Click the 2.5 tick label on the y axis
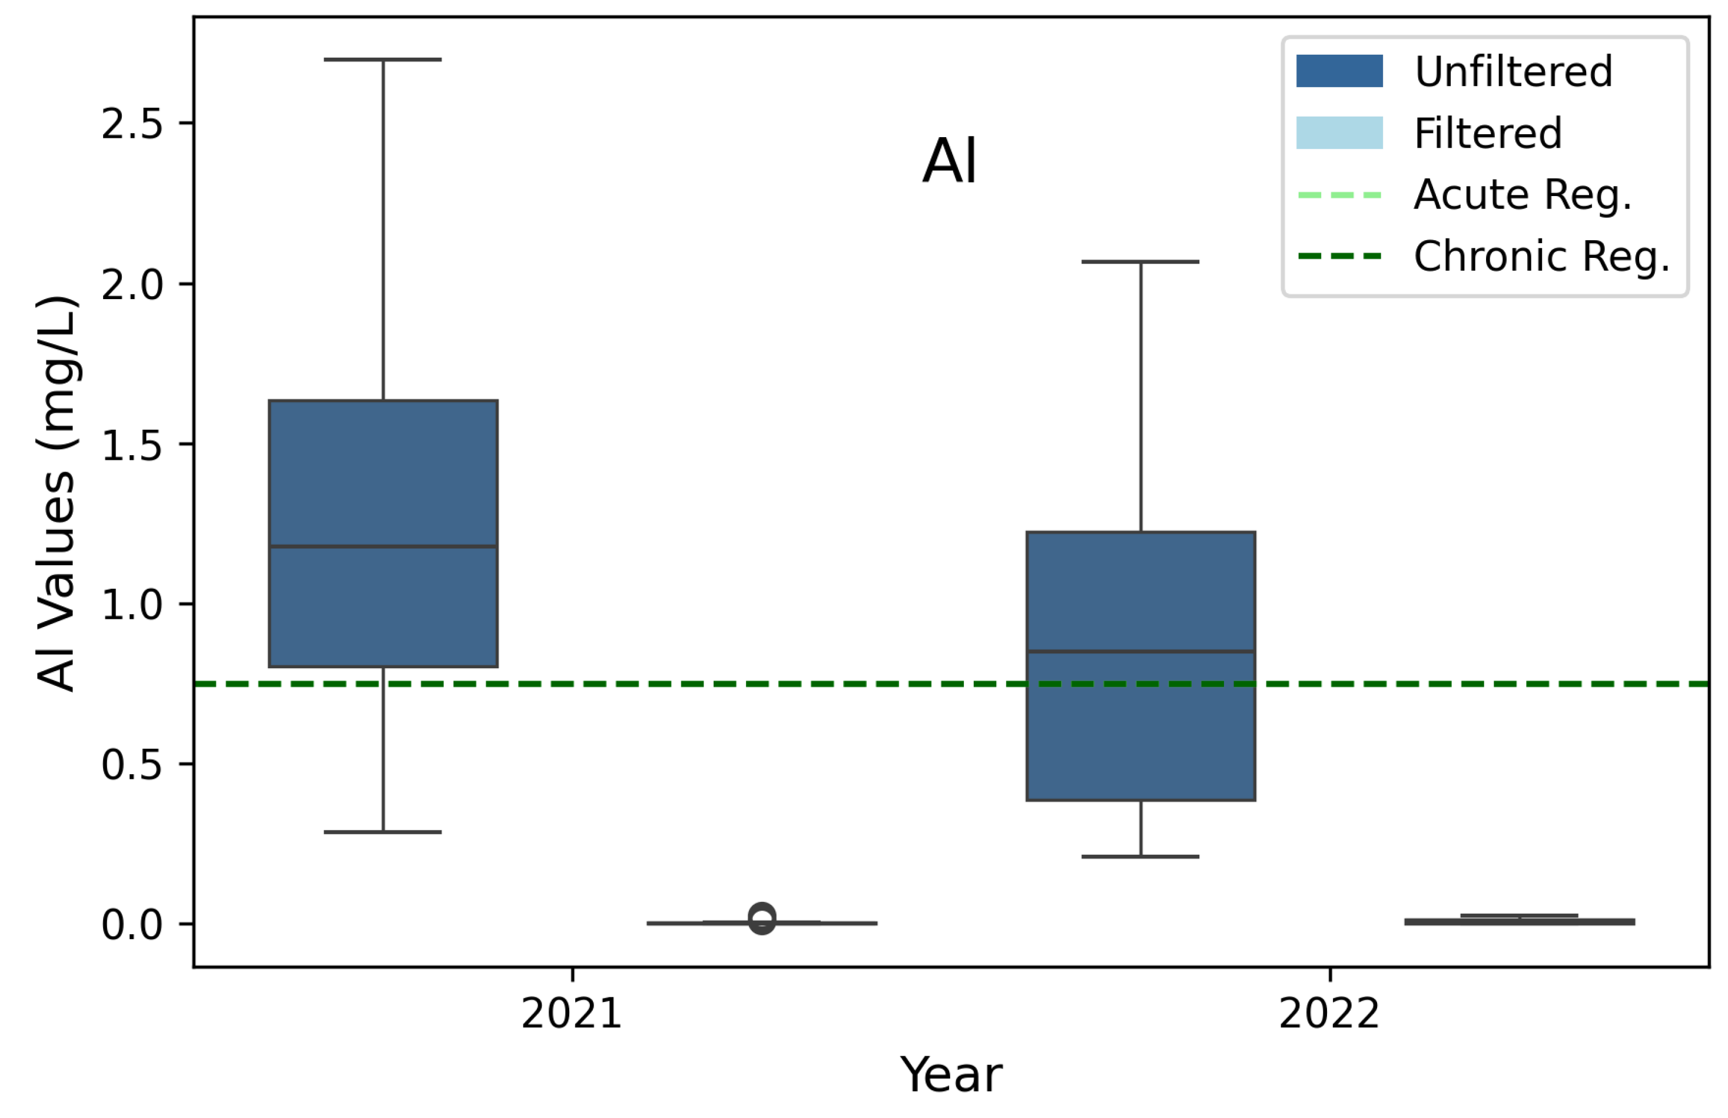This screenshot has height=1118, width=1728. click(x=131, y=124)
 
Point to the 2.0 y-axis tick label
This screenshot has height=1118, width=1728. click(x=131, y=284)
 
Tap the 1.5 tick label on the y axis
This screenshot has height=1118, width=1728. click(x=131, y=445)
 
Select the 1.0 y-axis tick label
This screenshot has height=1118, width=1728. click(x=131, y=605)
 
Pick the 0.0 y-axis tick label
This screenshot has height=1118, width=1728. click(x=131, y=925)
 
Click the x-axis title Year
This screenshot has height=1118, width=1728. click(x=951, y=1075)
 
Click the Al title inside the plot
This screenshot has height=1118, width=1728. click(x=950, y=161)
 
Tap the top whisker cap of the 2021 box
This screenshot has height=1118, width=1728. click(x=383, y=59)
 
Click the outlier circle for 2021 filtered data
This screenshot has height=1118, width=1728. click(x=762, y=919)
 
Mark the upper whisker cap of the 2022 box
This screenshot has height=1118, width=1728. click(x=1140, y=261)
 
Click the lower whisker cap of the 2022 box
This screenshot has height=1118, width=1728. click(x=1140, y=857)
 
